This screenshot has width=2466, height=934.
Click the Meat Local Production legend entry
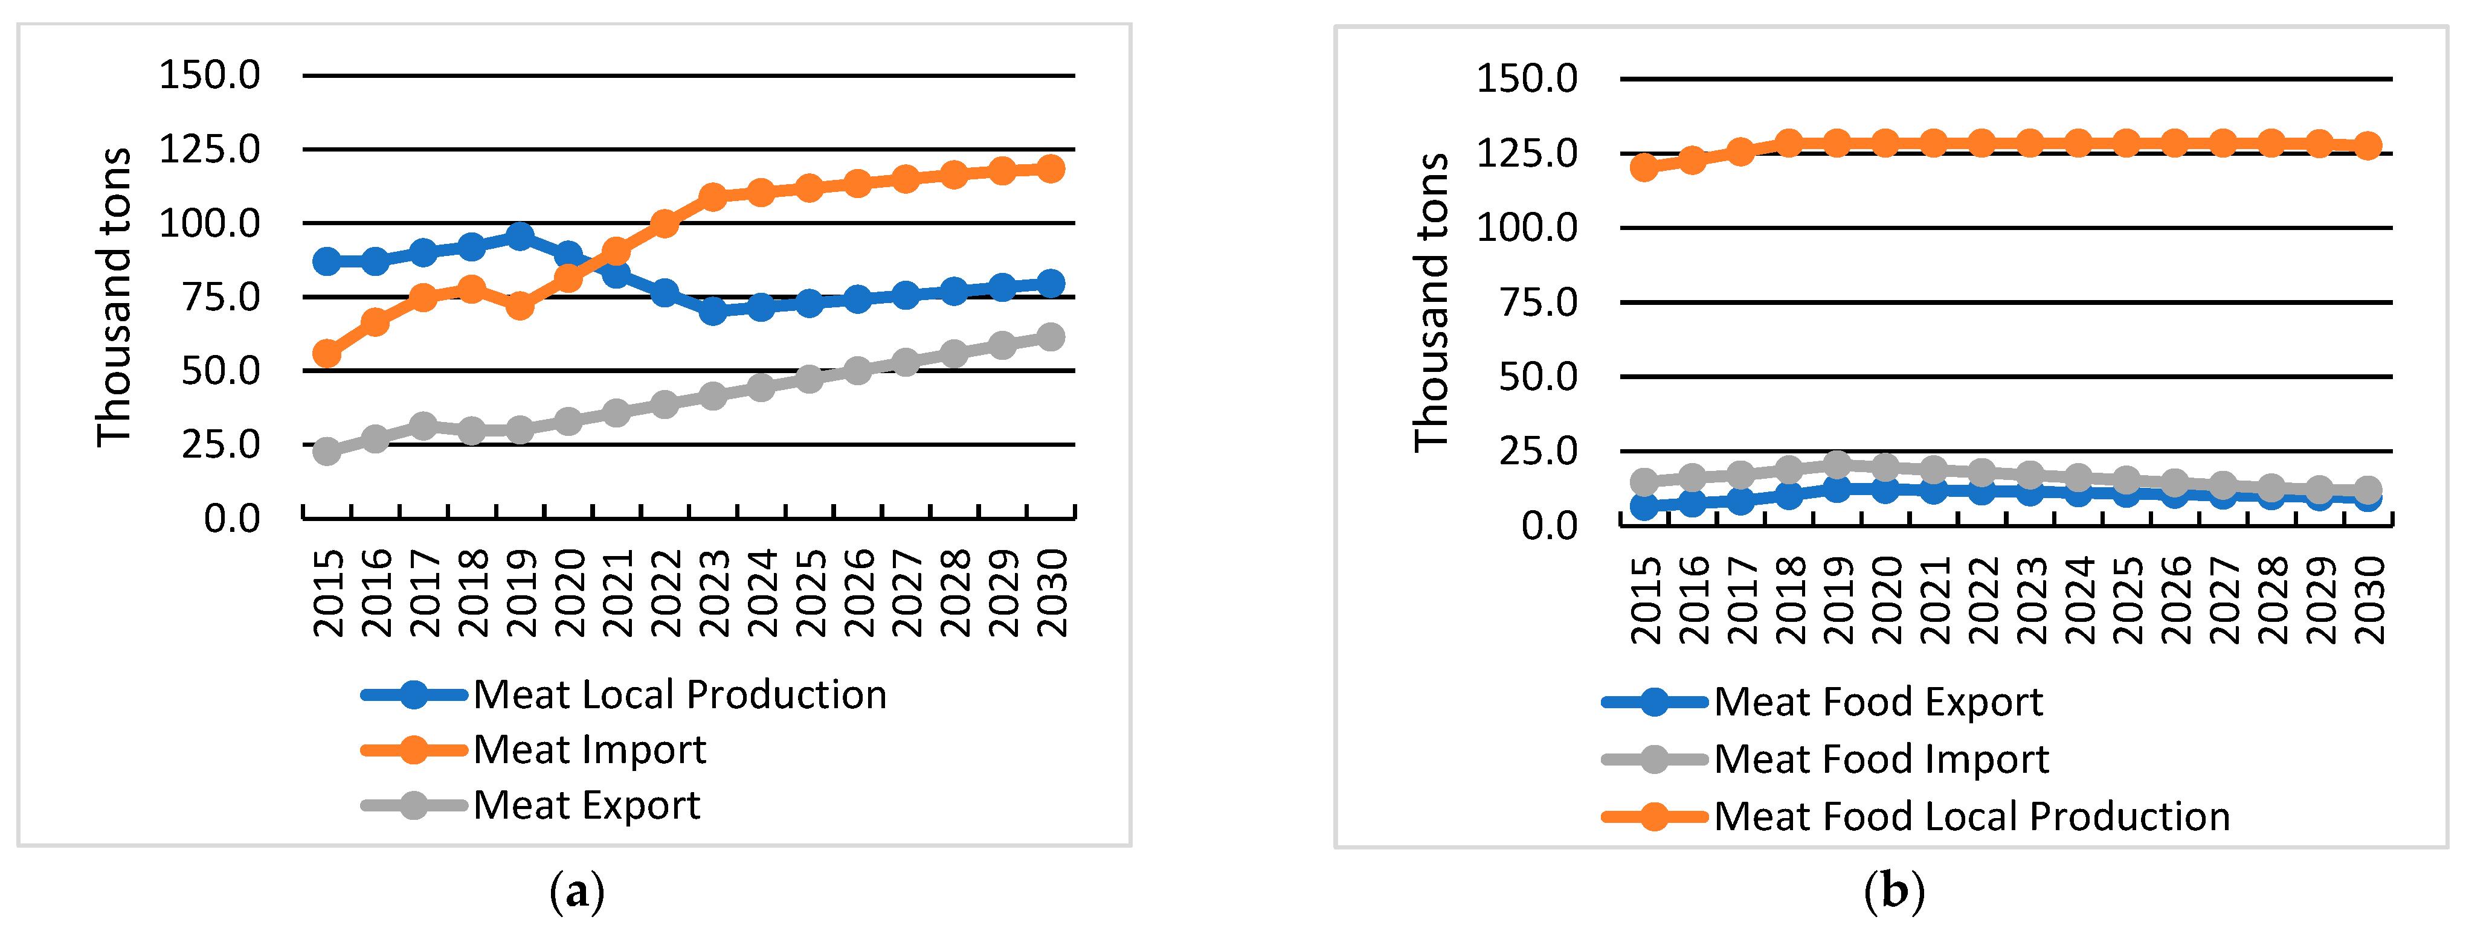point(679,695)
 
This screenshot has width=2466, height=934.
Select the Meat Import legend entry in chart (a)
point(589,749)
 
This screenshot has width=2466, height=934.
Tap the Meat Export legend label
point(586,805)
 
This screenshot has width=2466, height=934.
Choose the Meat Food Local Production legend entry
point(1970,816)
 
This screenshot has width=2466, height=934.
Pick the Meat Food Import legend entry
point(1880,759)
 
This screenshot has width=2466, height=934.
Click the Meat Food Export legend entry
point(1877,702)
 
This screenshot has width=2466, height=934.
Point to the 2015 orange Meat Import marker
point(326,353)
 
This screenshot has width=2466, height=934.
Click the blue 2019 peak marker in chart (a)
point(520,235)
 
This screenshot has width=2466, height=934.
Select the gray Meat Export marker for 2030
point(1050,337)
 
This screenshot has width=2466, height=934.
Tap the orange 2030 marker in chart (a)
point(1050,168)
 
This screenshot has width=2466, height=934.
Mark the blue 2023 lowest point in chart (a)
point(712,310)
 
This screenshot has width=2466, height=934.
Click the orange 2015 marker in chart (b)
point(1644,167)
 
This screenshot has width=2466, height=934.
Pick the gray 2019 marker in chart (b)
point(1836,465)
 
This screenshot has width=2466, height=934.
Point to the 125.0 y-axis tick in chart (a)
point(210,149)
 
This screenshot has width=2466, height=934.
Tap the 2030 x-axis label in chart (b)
point(2368,600)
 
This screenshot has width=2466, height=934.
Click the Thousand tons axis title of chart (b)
point(1431,301)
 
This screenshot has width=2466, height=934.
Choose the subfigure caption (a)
point(578,892)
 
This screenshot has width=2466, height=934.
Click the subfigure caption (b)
point(1893,892)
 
